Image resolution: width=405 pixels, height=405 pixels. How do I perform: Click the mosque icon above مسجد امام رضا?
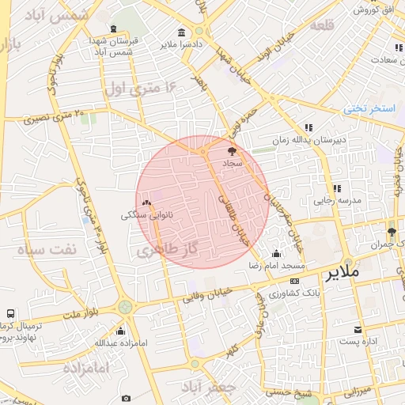pos(275,254)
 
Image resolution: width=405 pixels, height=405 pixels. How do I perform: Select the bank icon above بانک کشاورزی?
pos(294,281)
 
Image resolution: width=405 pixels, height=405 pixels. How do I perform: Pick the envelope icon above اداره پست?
pos(358,329)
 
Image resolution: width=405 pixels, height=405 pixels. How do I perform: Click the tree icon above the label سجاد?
pos(231,150)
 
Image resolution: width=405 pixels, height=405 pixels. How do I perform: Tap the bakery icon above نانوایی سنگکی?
pos(146,203)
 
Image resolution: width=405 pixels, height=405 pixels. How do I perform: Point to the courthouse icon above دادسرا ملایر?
pos(182,32)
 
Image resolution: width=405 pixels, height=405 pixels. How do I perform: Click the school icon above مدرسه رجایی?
pos(336,188)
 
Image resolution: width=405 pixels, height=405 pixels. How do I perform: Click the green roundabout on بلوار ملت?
pos(125,307)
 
